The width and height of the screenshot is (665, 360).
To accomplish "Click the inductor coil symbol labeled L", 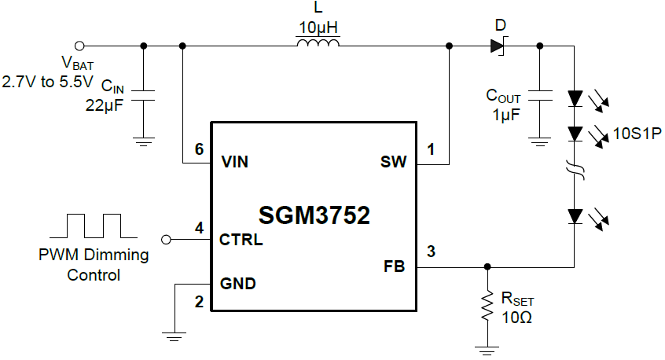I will (x=318, y=46).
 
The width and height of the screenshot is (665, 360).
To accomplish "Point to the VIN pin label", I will (x=235, y=163).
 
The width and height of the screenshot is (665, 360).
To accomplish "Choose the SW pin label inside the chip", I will (x=393, y=163).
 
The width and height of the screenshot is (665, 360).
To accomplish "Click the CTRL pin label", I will (x=241, y=240).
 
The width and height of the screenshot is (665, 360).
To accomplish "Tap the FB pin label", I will (x=394, y=267).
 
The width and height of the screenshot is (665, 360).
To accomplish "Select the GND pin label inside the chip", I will (x=237, y=283).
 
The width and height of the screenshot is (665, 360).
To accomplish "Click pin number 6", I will (x=199, y=149).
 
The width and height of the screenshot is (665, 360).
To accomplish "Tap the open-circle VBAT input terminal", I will (x=79, y=46).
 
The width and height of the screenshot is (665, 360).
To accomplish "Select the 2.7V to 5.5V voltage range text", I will (x=47, y=80).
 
